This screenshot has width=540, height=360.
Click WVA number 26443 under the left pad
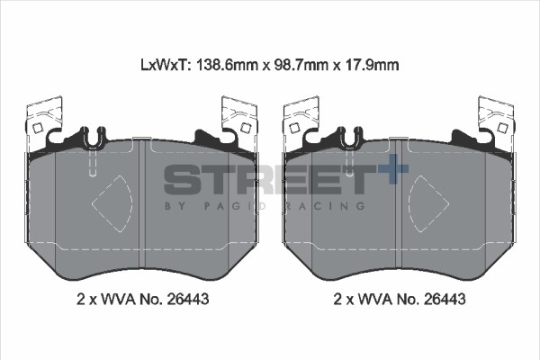[188, 299]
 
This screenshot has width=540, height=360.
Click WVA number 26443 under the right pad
[445, 299]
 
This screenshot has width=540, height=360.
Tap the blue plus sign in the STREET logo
[393, 169]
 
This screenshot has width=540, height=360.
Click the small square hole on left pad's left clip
[37, 129]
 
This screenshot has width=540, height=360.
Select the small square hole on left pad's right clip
[245, 128]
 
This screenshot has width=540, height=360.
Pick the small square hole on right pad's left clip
[294, 129]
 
